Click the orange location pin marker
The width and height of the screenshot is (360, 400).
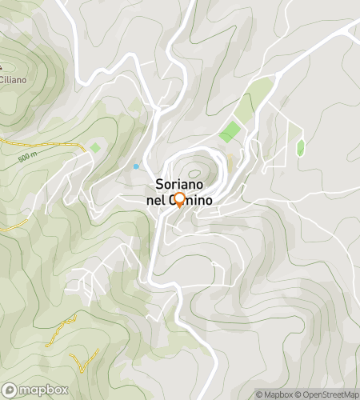click(179, 200)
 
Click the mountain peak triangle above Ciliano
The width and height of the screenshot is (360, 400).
click(2, 66)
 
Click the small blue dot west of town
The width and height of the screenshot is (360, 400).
click(136, 166)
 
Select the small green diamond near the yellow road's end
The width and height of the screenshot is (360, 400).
click(95, 147)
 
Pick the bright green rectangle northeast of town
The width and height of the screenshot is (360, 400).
click(230, 132)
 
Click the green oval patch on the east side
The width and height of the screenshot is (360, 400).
click(301, 147)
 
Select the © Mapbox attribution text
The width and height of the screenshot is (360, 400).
click(275, 394)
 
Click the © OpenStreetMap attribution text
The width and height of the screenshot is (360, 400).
click(327, 394)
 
